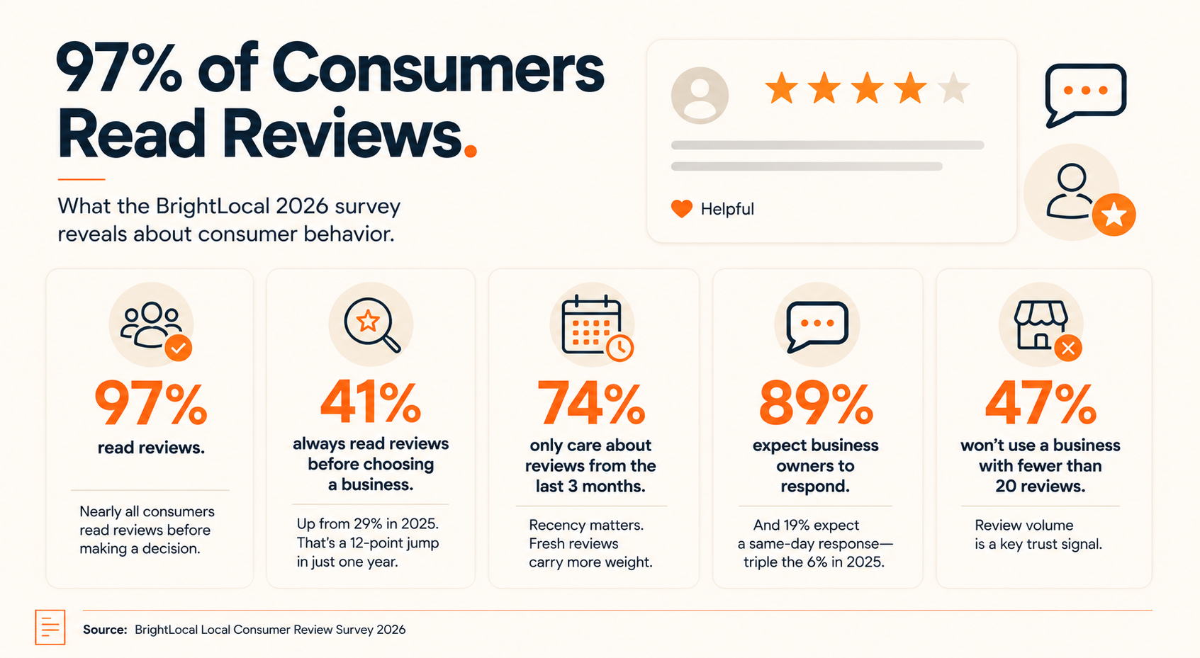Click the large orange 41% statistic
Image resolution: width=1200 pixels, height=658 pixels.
371,402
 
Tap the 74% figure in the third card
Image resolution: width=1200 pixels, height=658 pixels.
591,402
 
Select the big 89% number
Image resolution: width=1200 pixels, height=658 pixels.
816,402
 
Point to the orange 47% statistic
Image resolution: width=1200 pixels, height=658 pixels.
1041,402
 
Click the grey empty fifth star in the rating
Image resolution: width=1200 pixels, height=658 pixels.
953,89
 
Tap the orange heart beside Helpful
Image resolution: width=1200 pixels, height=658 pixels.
682,208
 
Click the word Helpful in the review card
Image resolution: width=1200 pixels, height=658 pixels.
727,209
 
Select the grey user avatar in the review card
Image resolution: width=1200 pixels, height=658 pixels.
700,96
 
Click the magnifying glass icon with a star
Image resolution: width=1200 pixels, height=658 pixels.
371,324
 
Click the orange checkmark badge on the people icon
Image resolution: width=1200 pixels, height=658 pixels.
179,348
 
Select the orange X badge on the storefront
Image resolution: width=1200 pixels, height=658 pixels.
1068,348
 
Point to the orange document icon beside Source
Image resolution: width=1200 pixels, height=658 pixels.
50,627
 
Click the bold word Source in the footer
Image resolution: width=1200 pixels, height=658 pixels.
105,630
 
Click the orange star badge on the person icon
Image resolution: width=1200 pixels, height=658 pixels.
1114,215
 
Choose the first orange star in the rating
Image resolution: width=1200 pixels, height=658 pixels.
782,89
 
